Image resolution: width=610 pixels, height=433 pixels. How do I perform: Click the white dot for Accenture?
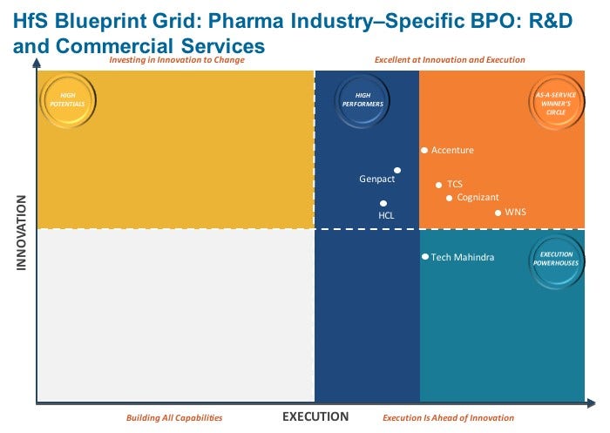tap(424, 150)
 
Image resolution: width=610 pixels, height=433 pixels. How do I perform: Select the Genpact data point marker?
tap(397, 171)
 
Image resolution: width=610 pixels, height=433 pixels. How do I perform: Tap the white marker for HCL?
tap(383, 203)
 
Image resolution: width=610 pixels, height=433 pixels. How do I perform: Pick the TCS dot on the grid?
tap(438, 184)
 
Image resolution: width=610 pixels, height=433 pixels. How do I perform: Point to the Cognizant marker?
tap(450, 198)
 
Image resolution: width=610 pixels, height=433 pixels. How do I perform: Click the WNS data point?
tap(498, 213)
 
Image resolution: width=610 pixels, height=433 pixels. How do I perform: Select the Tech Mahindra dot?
tap(425, 257)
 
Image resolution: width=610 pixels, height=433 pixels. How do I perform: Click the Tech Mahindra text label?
tap(463, 257)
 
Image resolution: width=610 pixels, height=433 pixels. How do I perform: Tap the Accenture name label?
tap(452, 150)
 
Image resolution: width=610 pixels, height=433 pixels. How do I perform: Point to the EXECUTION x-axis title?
tap(315, 416)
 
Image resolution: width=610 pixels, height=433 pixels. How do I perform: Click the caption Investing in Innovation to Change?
tap(177, 60)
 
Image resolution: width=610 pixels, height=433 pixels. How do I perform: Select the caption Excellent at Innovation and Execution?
tap(450, 60)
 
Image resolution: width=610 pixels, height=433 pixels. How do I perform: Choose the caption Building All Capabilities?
tap(174, 418)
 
